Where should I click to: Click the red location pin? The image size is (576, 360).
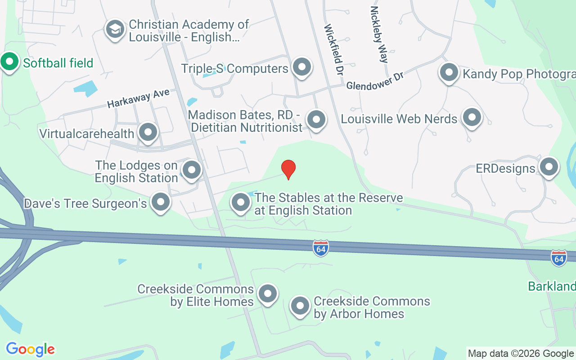(288, 169)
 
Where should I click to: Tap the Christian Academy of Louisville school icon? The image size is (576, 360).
(115, 29)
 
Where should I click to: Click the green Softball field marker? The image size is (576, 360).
(9, 62)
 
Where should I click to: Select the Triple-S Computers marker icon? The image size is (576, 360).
(301, 67)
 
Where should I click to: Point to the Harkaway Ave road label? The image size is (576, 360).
(138, 98)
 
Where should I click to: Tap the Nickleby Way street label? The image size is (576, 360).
(379, 34)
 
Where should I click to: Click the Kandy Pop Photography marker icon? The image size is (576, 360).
(449, 72)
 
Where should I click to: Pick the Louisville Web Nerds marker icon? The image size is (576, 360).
(472, 118)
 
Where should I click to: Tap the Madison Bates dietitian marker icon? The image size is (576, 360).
(316, 120)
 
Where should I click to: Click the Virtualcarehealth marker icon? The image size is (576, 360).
(148, 132)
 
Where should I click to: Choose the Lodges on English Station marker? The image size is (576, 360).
(192, 170)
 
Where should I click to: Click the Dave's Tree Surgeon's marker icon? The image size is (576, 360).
(160, 202)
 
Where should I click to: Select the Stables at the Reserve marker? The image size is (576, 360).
(240, 202)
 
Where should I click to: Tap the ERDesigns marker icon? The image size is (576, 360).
(549, 167)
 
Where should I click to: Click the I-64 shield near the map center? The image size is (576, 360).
(321, 248)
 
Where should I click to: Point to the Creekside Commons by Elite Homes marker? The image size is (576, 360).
(268, 294)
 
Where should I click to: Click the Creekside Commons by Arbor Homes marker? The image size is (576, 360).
(300, 306)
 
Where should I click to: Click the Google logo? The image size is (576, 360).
(30, 349)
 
